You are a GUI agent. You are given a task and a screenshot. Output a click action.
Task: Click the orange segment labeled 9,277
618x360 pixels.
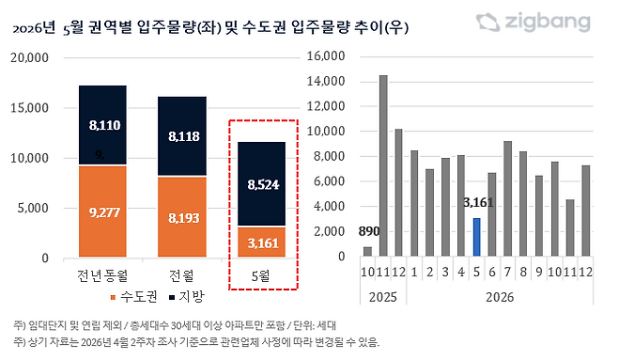point(102,211)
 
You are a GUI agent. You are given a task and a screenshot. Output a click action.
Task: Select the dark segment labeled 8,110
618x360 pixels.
point(102,125)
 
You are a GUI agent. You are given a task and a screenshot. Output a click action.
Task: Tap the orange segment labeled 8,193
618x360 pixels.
point(182,216)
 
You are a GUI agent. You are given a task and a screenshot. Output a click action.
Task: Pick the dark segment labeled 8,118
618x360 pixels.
point(182,136)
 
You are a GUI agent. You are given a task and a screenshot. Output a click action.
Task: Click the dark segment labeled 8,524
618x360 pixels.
point(262,184)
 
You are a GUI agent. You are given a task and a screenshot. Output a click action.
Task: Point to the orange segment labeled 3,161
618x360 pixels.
point(262,242)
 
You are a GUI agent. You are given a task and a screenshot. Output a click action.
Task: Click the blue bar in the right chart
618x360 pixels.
point(476,237)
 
